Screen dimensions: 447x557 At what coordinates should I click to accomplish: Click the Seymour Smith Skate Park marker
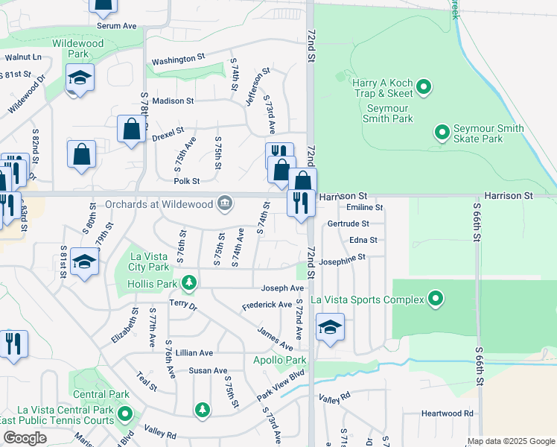coord(442,133)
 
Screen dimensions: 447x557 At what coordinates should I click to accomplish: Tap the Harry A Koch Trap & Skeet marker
coord(424,88)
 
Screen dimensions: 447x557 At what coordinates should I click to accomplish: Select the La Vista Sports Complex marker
coord(436,299)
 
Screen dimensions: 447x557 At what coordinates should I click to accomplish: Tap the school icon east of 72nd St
coord(329,327)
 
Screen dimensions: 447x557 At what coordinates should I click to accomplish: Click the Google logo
coord(25,438)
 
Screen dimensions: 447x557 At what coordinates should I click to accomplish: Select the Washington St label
coord(178,59)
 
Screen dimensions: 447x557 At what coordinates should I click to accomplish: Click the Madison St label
coord(173,101)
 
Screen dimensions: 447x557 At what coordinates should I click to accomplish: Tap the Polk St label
coord(186,181)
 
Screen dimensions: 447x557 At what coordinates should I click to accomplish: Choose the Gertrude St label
coord(348,223)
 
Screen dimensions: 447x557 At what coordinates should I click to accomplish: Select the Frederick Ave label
coord(267,305)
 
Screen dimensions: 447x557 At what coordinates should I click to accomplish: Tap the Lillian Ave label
coord(194,352)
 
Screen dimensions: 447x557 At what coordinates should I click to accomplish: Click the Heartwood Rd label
coord(447,413)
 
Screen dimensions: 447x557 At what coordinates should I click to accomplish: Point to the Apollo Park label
coord(280,361)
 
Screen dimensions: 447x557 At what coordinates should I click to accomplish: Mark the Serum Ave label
coord(116,25)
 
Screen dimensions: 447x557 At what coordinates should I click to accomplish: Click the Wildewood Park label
coord(77,49)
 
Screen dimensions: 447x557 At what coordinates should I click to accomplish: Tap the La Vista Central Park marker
coord(125,413)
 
